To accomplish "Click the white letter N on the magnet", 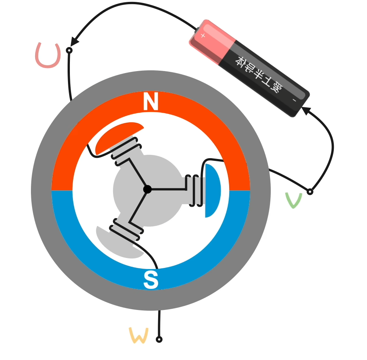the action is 151,102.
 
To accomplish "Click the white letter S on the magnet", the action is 151,280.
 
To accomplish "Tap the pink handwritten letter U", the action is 48,56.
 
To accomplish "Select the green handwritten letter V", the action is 294,200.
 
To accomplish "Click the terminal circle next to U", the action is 69,50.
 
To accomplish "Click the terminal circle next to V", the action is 310,191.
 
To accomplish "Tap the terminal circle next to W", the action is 159,339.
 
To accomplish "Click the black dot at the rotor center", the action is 147,189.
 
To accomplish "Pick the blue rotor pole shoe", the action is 212,190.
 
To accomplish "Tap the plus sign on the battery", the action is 203,36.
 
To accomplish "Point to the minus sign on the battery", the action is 294,100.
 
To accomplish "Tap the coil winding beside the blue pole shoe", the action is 194,190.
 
